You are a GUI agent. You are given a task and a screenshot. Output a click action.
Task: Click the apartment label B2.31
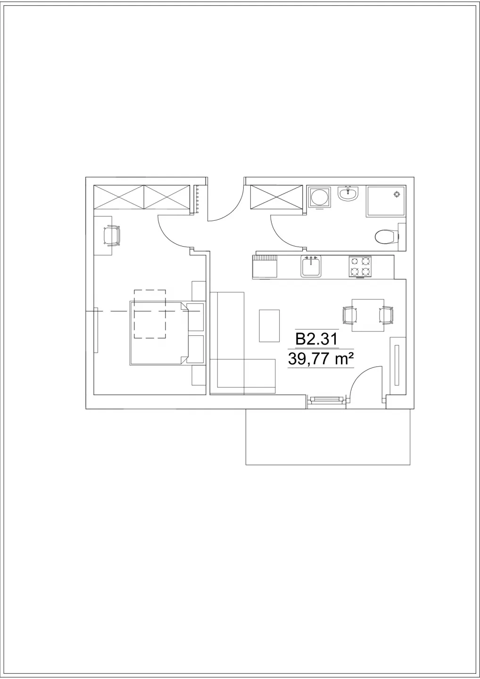coord(316,339)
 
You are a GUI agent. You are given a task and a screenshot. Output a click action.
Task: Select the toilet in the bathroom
coord(386,236)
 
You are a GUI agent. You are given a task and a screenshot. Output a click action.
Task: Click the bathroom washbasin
coord(348,194)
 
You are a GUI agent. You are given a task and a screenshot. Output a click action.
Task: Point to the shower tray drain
coord(397,194)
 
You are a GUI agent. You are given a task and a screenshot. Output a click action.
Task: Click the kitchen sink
coord(311,266)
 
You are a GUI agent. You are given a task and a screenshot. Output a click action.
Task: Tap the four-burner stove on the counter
coord(360,267)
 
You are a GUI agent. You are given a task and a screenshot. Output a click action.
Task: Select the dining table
coord(368,315)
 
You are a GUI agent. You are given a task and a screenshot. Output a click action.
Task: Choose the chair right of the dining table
coord(386,315)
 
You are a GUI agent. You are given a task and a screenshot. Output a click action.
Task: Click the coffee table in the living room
coord(269,325)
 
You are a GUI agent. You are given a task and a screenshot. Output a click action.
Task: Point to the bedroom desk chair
coord(111,235)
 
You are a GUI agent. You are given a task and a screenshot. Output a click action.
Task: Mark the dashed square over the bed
coord(150,314)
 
